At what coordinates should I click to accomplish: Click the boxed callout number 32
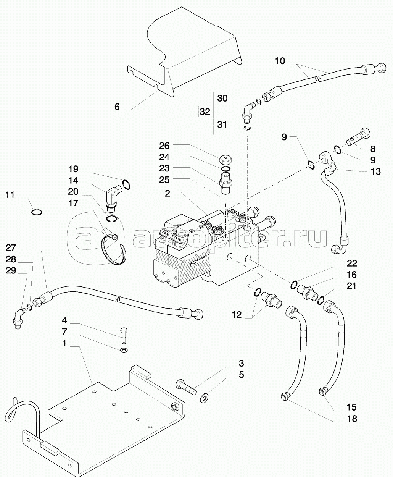pos(205,112)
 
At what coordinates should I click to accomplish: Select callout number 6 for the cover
pos(117,107)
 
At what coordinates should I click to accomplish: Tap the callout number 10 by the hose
pos(280,61)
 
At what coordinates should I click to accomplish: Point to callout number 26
pos(164,146)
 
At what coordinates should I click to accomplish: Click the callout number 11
pos(10,195)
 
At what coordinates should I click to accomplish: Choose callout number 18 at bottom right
pos(352,419)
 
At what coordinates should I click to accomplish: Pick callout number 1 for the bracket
pos(64,343)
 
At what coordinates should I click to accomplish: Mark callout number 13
pos(376,171)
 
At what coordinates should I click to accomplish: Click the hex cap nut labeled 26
pos(227,159)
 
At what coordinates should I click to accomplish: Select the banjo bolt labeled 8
pos(359,138)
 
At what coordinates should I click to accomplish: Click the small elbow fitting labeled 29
pos(17,319)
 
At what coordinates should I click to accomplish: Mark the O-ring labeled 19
pos(127,185)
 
